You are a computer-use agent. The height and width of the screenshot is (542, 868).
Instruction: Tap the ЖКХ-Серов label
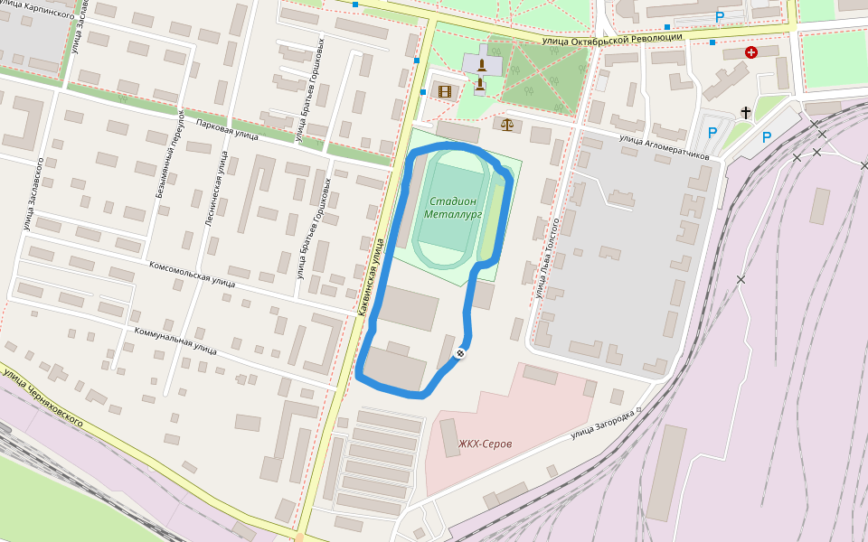(x=486, y=444)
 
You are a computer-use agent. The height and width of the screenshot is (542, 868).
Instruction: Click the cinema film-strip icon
(x=444, y=91)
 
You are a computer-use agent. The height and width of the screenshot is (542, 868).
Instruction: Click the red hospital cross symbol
(x=750, y=52)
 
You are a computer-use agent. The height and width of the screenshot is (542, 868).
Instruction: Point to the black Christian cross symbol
(x=746, y=112)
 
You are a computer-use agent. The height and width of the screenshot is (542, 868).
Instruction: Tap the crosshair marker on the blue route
(x=460, y=353)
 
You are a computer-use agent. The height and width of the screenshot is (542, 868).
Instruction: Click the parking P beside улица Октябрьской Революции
(x=720, y=16)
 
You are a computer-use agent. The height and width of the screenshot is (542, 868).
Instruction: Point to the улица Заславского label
(x=33, y=194)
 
